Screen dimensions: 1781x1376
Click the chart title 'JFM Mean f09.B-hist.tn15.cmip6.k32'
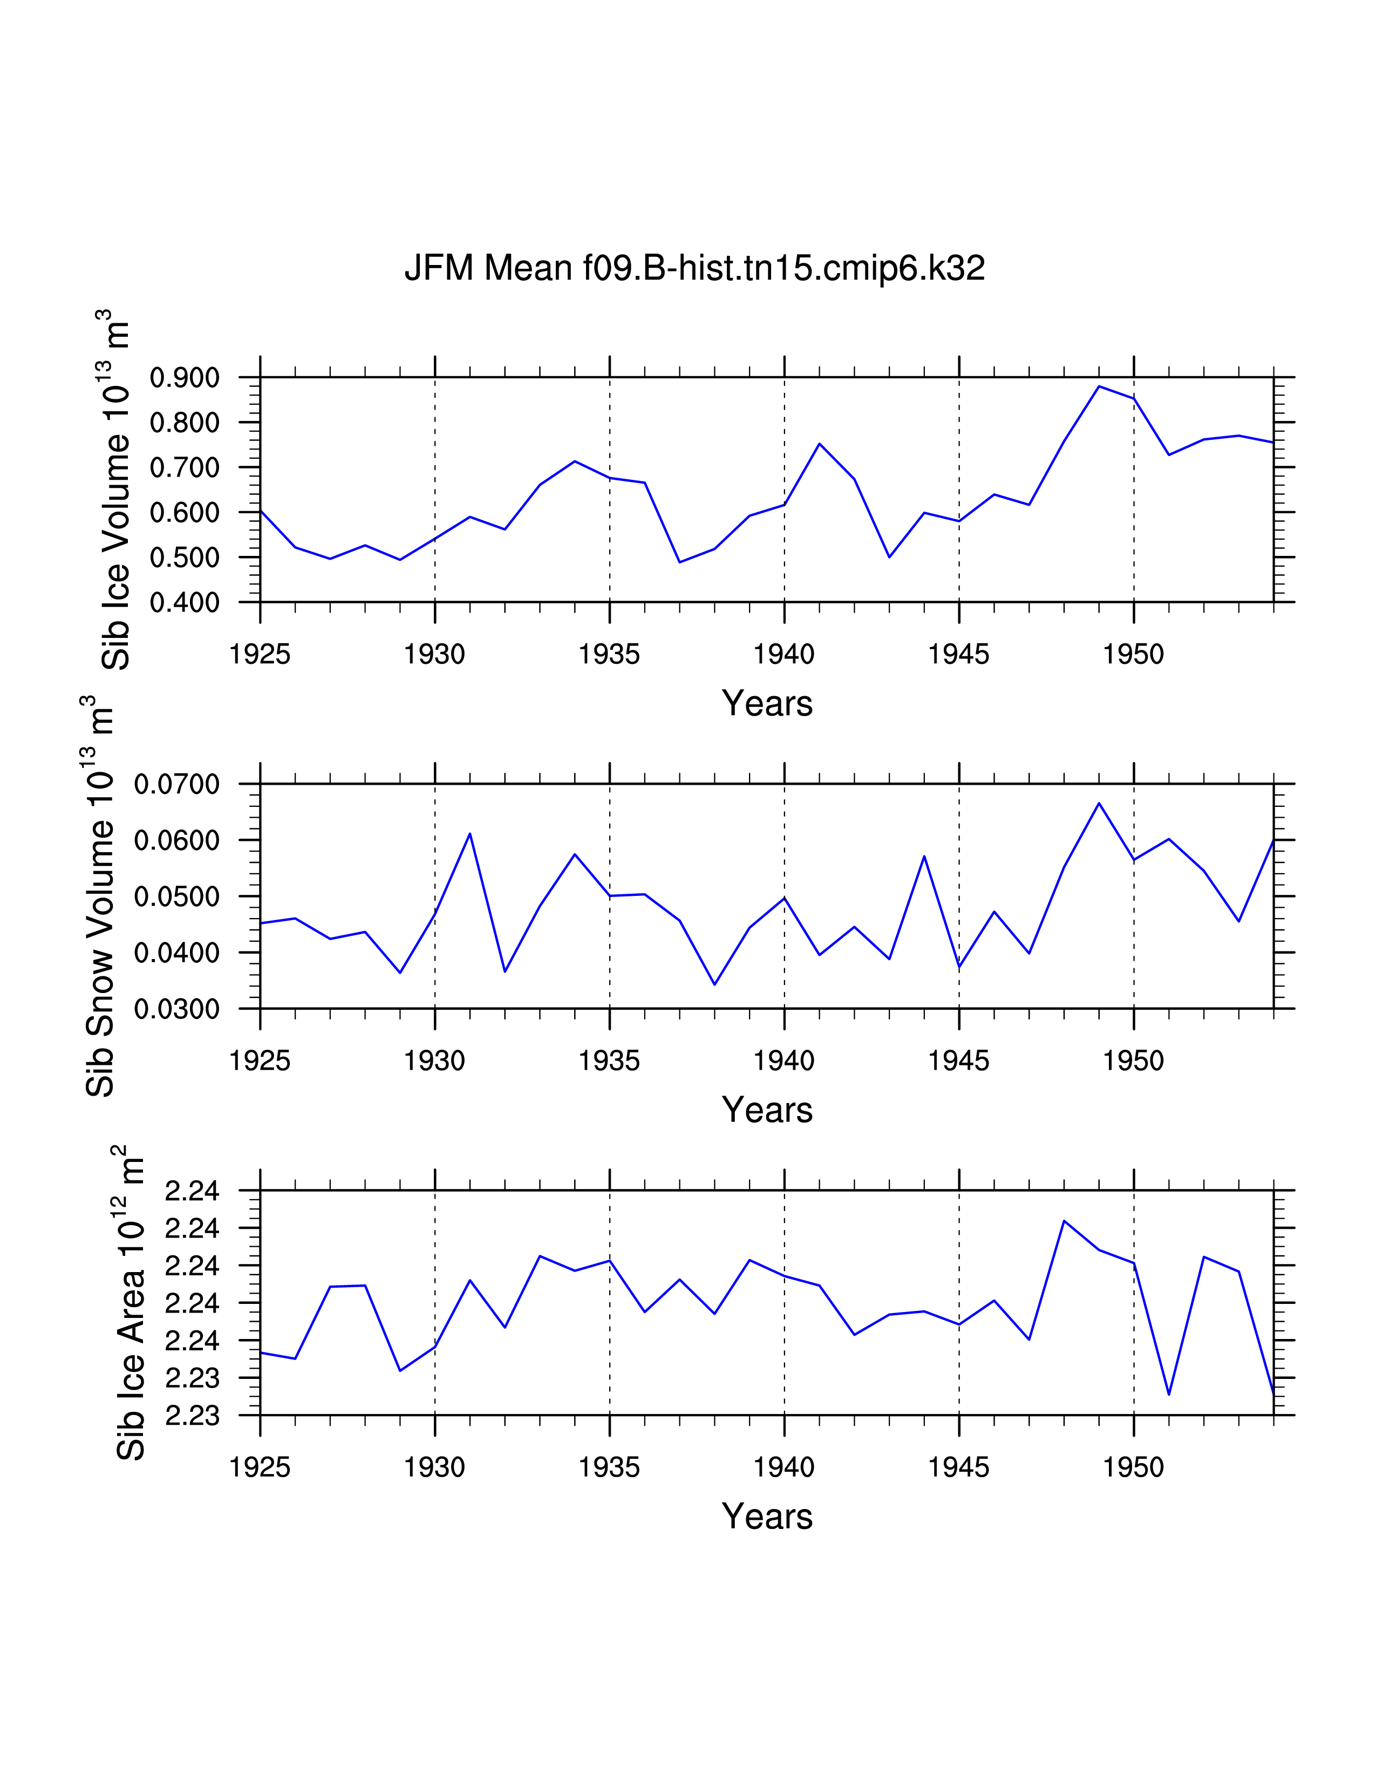tap(694, 268)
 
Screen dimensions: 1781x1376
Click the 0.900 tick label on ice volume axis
tap(185, 378)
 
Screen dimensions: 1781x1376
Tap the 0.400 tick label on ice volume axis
tap(185, 603)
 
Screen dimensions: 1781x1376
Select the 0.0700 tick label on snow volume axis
tap(177, 785)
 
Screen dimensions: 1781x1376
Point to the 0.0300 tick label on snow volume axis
tap(177, 1010)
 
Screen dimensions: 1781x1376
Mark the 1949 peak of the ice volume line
tap(1099, 386)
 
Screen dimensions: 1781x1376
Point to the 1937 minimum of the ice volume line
tap(680, 562)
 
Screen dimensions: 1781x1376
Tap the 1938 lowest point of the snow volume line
tap(715, 984)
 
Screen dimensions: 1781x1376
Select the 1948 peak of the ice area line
tap(1064, 1221)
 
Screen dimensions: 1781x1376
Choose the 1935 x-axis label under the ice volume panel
tap(610, 654)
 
